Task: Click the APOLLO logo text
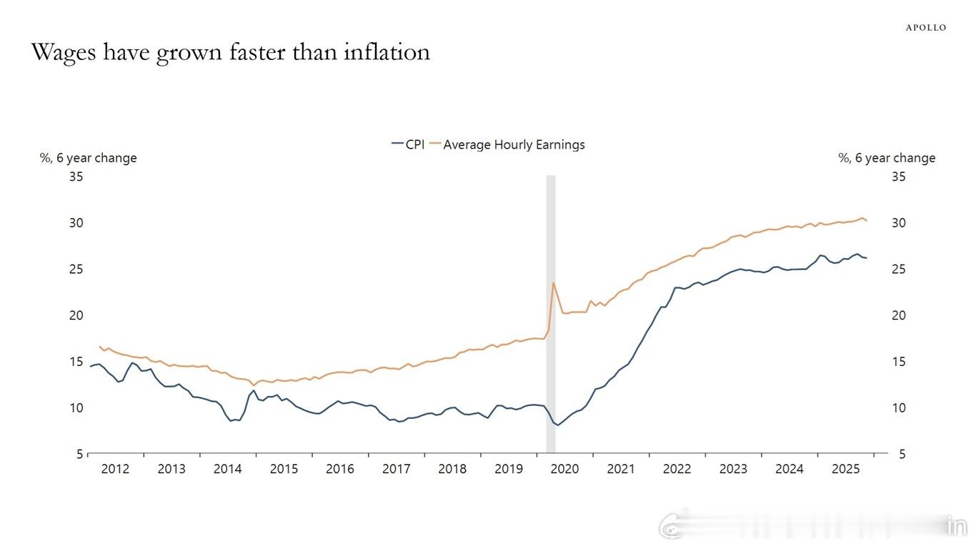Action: [x=926, y=28]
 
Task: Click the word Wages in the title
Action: [x=64, y=52]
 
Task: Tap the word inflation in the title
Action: [x=387, y=52]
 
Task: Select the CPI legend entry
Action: [x=409, y=144]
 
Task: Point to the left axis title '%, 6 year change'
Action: [x=88, y=158]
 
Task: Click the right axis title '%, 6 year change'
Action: [x=887, y=158]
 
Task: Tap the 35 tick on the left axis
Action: [x=76, y=176]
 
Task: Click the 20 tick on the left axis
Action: [x=76, y=315]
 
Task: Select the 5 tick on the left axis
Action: [x=79, y=454]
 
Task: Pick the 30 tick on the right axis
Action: [x=898, y=222]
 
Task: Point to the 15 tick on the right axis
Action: [x=898, y=362]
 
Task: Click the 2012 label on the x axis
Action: [x=115, y=469]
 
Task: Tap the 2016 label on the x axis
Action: [x=340, y=469]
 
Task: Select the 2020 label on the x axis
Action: [x=564, y=469]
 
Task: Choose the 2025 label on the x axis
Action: [x=846, y=469]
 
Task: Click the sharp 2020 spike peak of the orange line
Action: [x=553, y=282]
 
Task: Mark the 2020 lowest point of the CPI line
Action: [x=558, y=425]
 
